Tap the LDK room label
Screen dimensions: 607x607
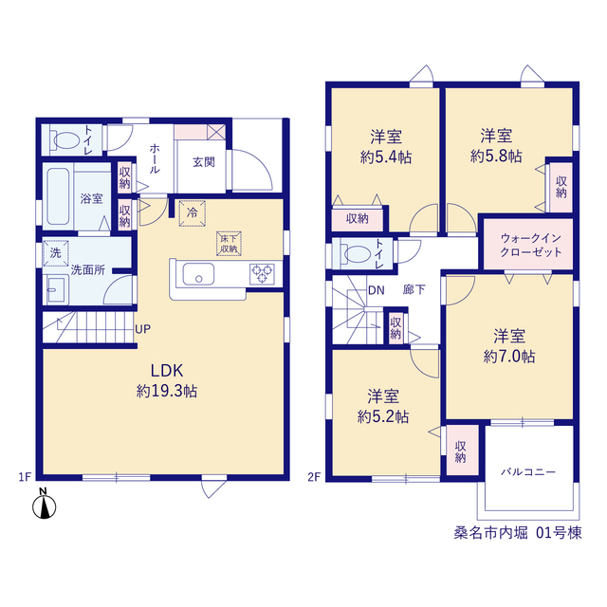click(x=167, y=371)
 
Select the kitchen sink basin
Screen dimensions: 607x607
click(x=198, y=274)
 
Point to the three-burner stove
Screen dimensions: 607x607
click(x=262, y=274)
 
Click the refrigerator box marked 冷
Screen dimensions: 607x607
click(x=192, y=212)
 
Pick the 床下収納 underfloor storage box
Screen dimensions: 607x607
click(x=229, y=244)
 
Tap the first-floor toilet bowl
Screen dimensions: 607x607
click(x=64, y=140)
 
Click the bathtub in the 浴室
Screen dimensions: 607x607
click(x=58, y=196)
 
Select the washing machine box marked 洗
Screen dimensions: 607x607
click(x=56, y=253)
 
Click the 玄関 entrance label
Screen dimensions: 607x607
click(x=204, y=162)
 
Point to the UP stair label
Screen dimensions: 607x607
click(x=142, y=329)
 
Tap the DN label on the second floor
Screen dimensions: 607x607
click(x=377, y=290)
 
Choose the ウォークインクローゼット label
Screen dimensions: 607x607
click(x=531, y=245)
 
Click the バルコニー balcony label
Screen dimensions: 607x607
click(x=528, y=472)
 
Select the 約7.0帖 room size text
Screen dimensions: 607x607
click(x=509, y=357)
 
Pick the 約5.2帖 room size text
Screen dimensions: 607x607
click(x=383, y=416)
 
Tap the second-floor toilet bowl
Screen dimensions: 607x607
click(x=356, y=254)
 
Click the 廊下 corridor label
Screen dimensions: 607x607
click(x=414, y=289)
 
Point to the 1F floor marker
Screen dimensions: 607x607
click(x=25, y=477)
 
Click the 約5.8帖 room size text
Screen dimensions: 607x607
click(x=496, y=156)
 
